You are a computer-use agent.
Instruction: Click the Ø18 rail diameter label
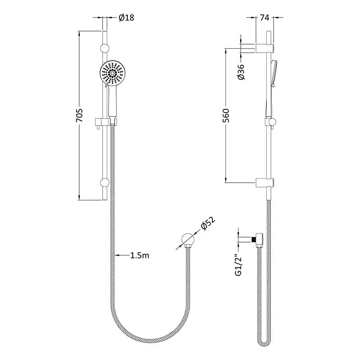point(126,18)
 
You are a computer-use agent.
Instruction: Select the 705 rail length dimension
point(79,116)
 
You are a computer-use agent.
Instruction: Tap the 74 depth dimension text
point(265,18)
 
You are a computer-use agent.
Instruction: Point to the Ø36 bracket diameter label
point(241,72)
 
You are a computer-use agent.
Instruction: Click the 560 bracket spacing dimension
point(226,116)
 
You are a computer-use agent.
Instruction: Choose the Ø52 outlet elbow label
point(208,223)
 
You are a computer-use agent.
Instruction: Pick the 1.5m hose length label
point(139,255)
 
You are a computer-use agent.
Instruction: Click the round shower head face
point(113,73)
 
